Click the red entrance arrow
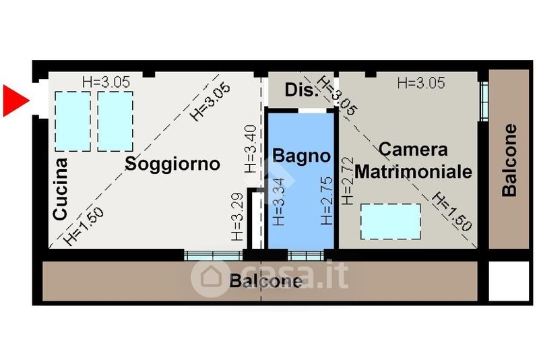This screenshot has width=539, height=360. pyautogui.click(x=15, y=101)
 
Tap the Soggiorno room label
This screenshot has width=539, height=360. pyautogui.click(x=172, y=164)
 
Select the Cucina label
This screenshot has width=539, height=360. pyautogui.click(x=60, y=189)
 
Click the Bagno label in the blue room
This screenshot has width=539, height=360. pyautogui.click(x=301, y=156)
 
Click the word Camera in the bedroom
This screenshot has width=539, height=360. pyautogui.click(x=413, y=150)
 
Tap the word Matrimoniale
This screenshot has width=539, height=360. pyautogui.click(x=413, y=171)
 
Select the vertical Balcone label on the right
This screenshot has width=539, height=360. pyautogui.click(x=509, y=160)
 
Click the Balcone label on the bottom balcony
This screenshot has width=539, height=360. pyautogui.click(x=265, y=281)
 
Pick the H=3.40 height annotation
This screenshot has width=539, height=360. pyautogui.click(x=250, y=149)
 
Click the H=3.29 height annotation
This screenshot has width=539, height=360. pyautogui.click(x=237, y=217)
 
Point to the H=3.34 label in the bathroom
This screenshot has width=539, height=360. pyautogui.click(x=278, y=202)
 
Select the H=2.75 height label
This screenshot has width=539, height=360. pyautogui.click(x=327, y=201)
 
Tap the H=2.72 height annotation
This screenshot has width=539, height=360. pyautogui.click(x=348, y=181)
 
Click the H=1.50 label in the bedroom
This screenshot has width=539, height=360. pyautogui.click(x=451, y=212)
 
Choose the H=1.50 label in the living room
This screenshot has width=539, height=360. pyautogui.click(x=84, y=227)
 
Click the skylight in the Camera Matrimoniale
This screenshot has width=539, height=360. pyautogui.click(x=391, y=221)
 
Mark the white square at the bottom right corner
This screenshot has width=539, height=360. pyautogui.click(x=509, y=281)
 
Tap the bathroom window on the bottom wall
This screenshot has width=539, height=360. pyautogui.click(x=306, y=256)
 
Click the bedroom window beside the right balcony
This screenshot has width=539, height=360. pyautogui.click(x=484, y=101)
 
